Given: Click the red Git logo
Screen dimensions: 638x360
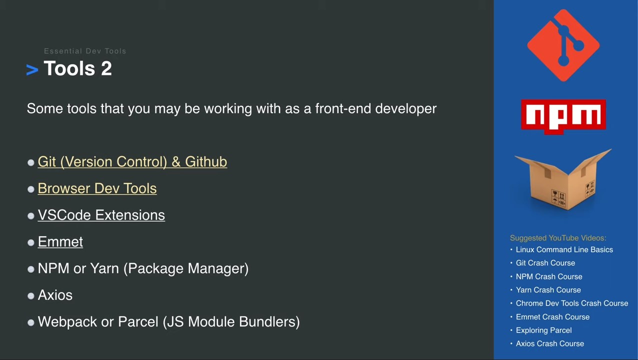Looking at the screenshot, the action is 563,45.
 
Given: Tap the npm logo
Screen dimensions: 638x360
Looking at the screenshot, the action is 563,116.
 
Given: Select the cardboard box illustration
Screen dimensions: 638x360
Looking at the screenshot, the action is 563,180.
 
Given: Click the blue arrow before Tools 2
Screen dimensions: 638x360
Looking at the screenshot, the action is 32,70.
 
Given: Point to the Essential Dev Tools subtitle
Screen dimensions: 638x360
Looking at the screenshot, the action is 85,51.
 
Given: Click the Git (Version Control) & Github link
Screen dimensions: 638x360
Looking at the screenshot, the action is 132,162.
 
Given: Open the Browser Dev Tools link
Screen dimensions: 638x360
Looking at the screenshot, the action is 97,188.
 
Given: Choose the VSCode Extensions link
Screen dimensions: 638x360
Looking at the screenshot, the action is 101,215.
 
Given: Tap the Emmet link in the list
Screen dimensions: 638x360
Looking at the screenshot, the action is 60,242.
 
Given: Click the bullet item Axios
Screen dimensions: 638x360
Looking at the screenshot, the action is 55,295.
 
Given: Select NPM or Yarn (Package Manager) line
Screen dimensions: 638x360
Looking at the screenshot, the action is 143,268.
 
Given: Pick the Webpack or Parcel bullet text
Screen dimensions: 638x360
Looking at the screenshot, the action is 168,322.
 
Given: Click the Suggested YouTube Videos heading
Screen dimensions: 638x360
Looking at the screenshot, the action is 558,238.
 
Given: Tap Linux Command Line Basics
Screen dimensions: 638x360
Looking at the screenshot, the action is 564,249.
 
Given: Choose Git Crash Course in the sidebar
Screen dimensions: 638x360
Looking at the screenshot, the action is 545,263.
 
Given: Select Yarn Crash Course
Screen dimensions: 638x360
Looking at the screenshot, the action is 548,290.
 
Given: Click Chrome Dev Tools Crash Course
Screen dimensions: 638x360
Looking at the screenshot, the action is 571,303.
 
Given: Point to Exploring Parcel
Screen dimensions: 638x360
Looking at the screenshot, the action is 543,330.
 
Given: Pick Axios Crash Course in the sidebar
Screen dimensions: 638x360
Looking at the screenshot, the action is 549,344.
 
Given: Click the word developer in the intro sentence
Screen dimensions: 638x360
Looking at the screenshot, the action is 405,109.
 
